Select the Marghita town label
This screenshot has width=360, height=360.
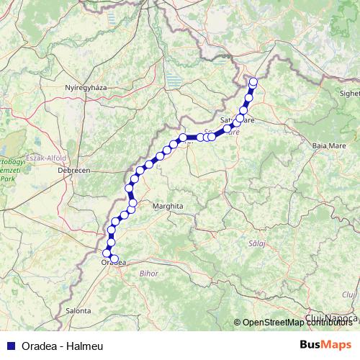point(168,206)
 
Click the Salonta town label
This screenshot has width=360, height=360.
point(77,311)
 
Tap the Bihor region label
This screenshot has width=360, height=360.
point(149,274)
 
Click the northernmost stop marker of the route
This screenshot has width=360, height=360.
point(253,81)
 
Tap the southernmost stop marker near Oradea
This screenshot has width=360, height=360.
point(114,259)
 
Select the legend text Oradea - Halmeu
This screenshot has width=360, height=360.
point(63,346)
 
